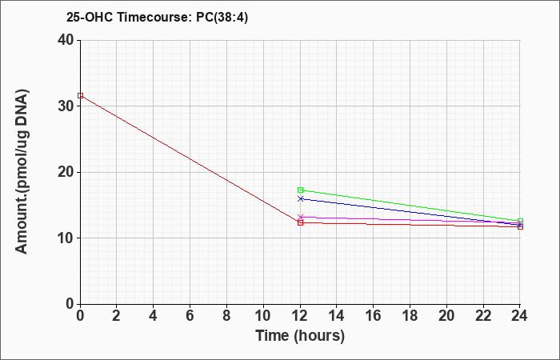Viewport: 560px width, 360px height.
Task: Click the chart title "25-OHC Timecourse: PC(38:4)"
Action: (x=157, y=18)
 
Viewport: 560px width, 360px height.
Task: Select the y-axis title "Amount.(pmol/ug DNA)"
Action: (x=22, y=172)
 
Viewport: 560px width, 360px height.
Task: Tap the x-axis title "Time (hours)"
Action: (x=300, y=336)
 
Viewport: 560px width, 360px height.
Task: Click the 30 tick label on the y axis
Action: (x=66, y=106)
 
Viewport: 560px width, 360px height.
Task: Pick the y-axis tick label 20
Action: (x=66, y=172)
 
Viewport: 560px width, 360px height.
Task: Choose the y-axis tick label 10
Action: (x=66, y=238)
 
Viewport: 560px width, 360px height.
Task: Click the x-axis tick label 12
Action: (x=300, y=316)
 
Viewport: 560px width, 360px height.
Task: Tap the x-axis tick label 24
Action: (x=520, y=316)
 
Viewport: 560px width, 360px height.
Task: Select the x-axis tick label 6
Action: (x=190, y=316)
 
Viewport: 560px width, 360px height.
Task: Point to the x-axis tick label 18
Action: (x=410, y=316)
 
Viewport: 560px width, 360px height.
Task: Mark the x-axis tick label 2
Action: (x=117, y=316)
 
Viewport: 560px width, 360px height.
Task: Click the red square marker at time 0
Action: (x=80, y=96)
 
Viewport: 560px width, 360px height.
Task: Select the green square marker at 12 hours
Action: (x=300, y=190)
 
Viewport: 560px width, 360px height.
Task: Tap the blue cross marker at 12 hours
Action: (x=300, y=198)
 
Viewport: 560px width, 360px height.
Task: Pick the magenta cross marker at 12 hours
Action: (x=300, y=217)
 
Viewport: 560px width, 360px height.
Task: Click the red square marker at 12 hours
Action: (x=300, y=223)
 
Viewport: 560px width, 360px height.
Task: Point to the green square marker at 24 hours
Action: (x=520, y=222)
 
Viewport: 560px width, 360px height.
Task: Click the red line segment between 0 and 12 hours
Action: (x=190, y=159)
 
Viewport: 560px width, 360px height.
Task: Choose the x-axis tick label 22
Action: (x=483, y=316)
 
